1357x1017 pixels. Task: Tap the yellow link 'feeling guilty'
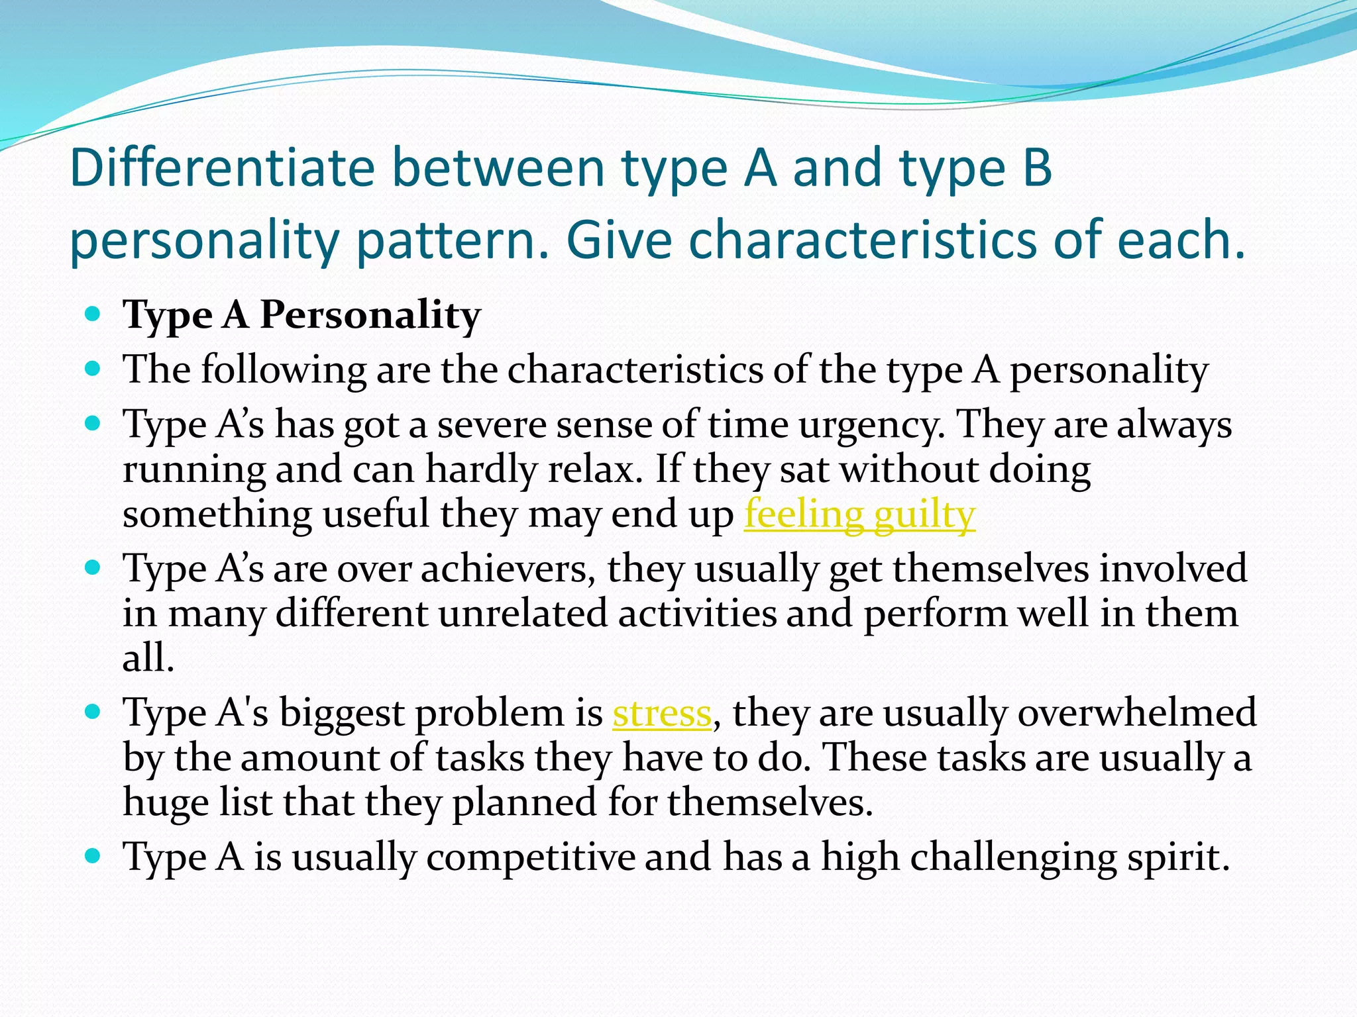[x=859, y=514]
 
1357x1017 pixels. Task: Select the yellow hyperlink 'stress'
[x=661, y=713]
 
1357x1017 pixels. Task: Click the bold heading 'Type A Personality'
[x=301, y=315]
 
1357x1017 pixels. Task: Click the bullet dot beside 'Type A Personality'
[x=93, y=313]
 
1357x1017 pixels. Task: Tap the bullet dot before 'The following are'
[x=93, y=368]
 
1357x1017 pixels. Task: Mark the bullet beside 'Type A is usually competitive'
[x=93, y=856]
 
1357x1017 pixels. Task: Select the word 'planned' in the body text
[x=524, y=802]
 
